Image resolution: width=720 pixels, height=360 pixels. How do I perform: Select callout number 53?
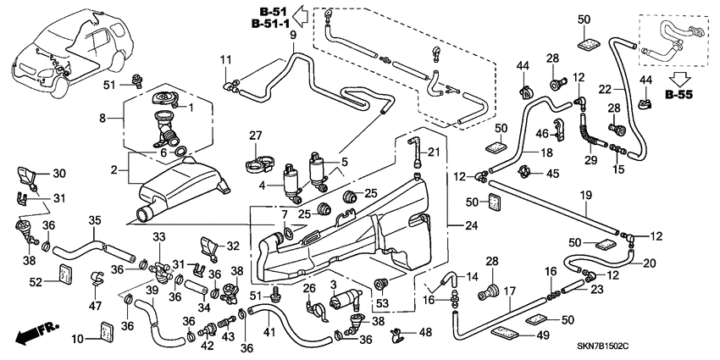click(384, 302)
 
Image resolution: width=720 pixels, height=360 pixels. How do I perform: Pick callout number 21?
click(435, 152)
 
